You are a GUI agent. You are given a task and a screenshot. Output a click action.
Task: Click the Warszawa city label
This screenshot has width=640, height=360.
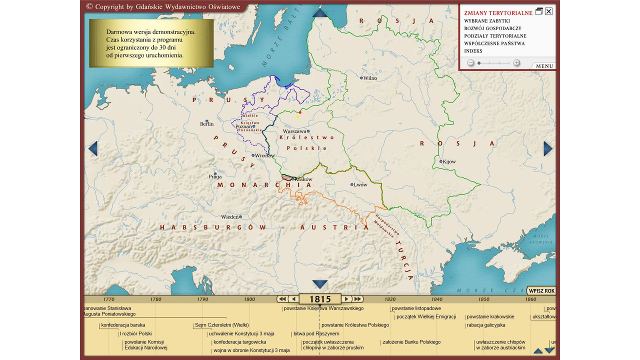tap(294, 131)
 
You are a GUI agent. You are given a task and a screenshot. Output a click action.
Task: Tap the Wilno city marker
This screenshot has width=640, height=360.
tap(361, 78)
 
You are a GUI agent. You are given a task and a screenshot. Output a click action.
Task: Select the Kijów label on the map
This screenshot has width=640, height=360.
tap(449, 161)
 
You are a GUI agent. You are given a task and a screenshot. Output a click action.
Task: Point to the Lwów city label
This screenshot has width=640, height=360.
tap(360, 184)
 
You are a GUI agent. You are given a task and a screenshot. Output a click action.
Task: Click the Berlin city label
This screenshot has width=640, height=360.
tap(206, 123)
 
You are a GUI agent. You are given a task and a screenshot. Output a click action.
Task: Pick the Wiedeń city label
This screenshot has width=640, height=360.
tap(230, 217)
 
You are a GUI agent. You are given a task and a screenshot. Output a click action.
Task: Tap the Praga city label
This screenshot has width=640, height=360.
tap(215, 176)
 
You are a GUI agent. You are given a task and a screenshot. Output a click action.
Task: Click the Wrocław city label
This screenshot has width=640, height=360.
tap(264, 155)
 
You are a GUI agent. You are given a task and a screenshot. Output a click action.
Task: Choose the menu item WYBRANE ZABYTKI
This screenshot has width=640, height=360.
tap(486, 21)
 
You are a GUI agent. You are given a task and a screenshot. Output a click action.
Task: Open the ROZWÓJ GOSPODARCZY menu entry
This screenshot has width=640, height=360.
tap(492, 28)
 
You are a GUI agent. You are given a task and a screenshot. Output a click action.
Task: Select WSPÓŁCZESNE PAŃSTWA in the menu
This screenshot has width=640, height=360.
tap(494, 43)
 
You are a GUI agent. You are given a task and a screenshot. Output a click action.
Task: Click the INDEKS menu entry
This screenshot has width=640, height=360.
tap(473, 51)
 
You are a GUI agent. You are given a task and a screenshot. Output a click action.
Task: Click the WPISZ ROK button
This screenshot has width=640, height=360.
tap(541, 291)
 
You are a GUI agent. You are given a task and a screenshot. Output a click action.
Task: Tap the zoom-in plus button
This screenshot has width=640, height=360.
tap(516, 63)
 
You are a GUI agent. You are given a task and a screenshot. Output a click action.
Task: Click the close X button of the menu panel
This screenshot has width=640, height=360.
tap(548, 11)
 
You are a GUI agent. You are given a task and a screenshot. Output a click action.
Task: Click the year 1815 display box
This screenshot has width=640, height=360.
tap(320, 299)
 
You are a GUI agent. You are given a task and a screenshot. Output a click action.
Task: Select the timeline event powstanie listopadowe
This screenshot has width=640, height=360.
tap(416, 308)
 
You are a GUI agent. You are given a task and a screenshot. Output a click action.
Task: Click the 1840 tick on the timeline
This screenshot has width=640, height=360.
tap(436, 299)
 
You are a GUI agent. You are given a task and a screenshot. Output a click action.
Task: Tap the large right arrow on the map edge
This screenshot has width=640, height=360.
tap(548, 148)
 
